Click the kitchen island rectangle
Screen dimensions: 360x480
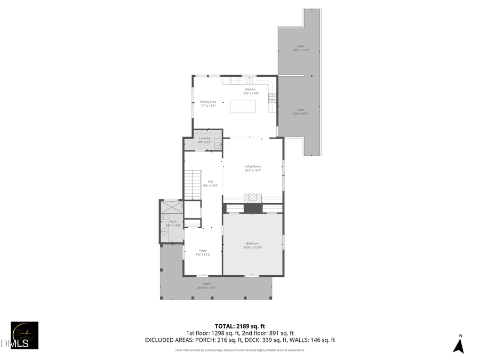tap(243, 106)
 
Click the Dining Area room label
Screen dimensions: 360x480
tap(208, 101)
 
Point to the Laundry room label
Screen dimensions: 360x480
tap(205, 138)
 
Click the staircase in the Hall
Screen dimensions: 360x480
tap(193, 185)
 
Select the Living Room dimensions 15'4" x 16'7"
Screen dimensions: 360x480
tap(253, 170)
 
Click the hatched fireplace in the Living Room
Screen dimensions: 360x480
tap(253, 198)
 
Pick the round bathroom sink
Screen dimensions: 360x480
tap(164, 231)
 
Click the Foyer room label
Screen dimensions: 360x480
tap(203, 250)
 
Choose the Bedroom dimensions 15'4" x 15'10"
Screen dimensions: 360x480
tap(253, 247)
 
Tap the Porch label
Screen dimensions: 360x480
tap(206, 283)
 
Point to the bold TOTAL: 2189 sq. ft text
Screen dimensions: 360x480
tap(239, 325)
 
